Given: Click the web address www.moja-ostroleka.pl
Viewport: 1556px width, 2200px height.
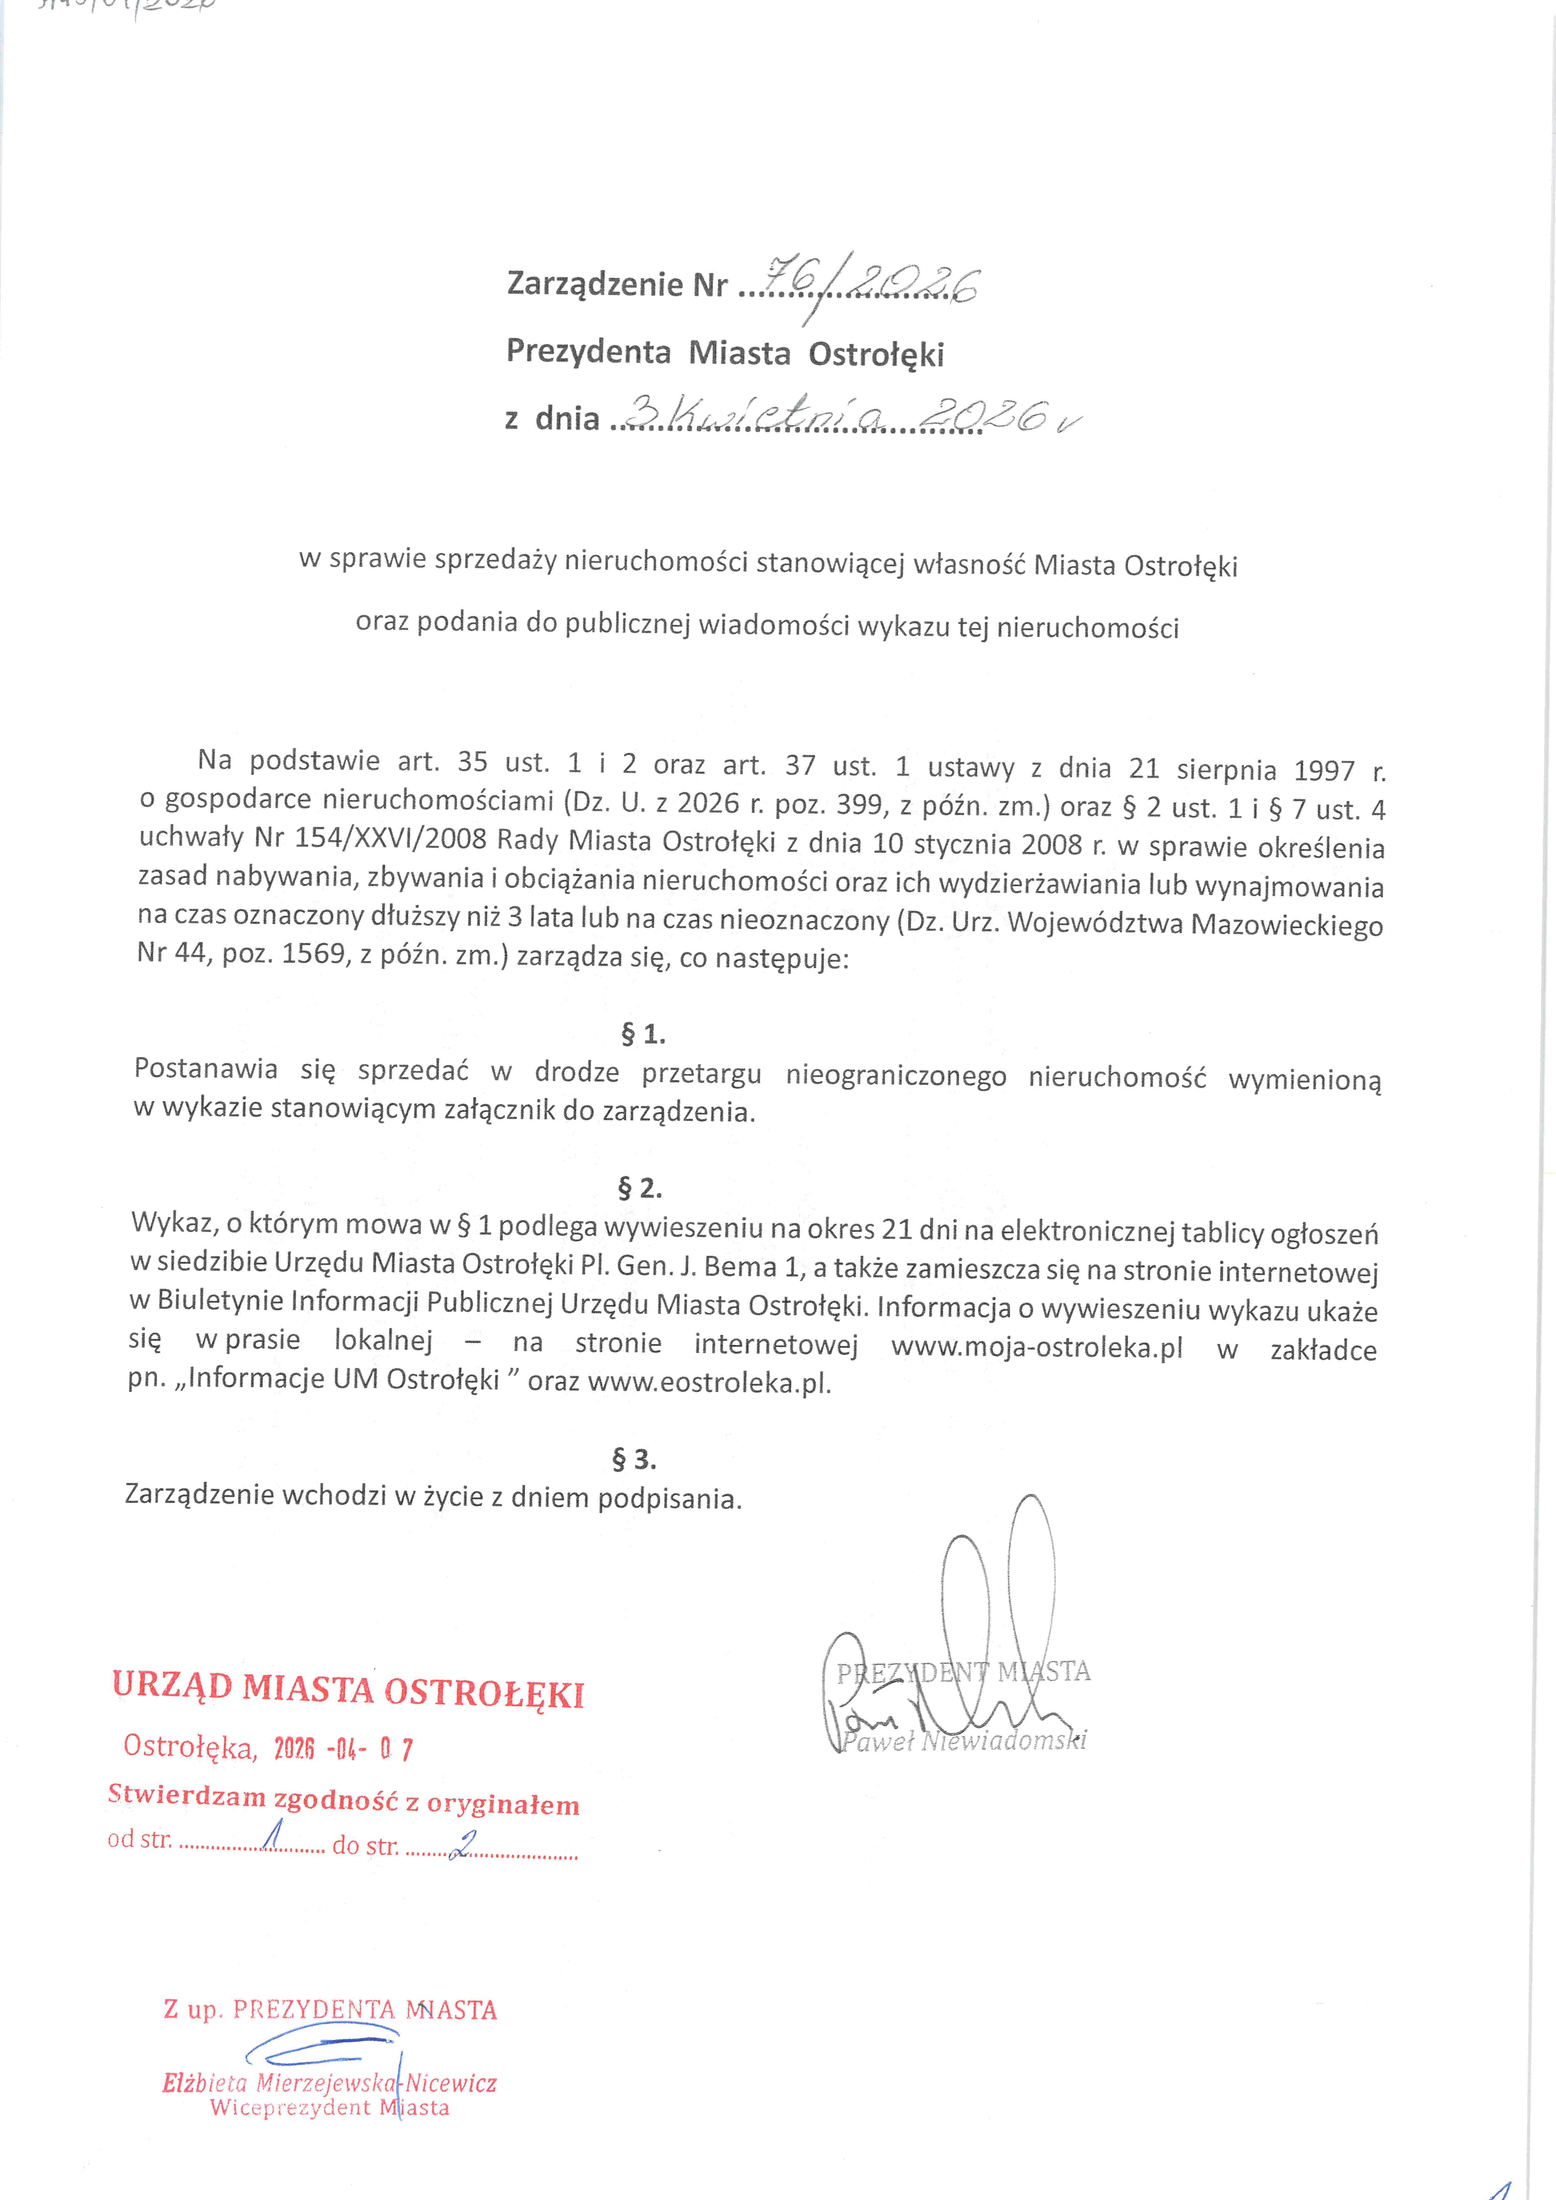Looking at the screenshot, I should pos(1037,1346).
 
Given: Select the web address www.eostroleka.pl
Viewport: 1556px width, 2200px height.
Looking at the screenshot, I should pos(709,1383).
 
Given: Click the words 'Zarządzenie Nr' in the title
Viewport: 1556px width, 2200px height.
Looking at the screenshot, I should pos(616,284).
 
